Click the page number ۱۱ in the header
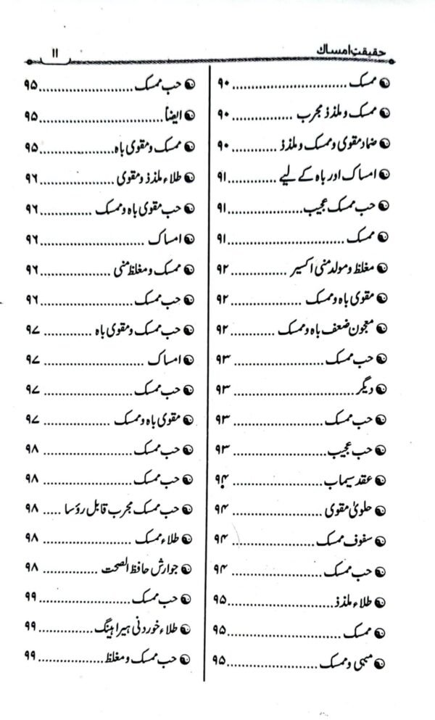[56, 52]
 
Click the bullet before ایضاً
[190, 117]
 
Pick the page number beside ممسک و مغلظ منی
[30, 268]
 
